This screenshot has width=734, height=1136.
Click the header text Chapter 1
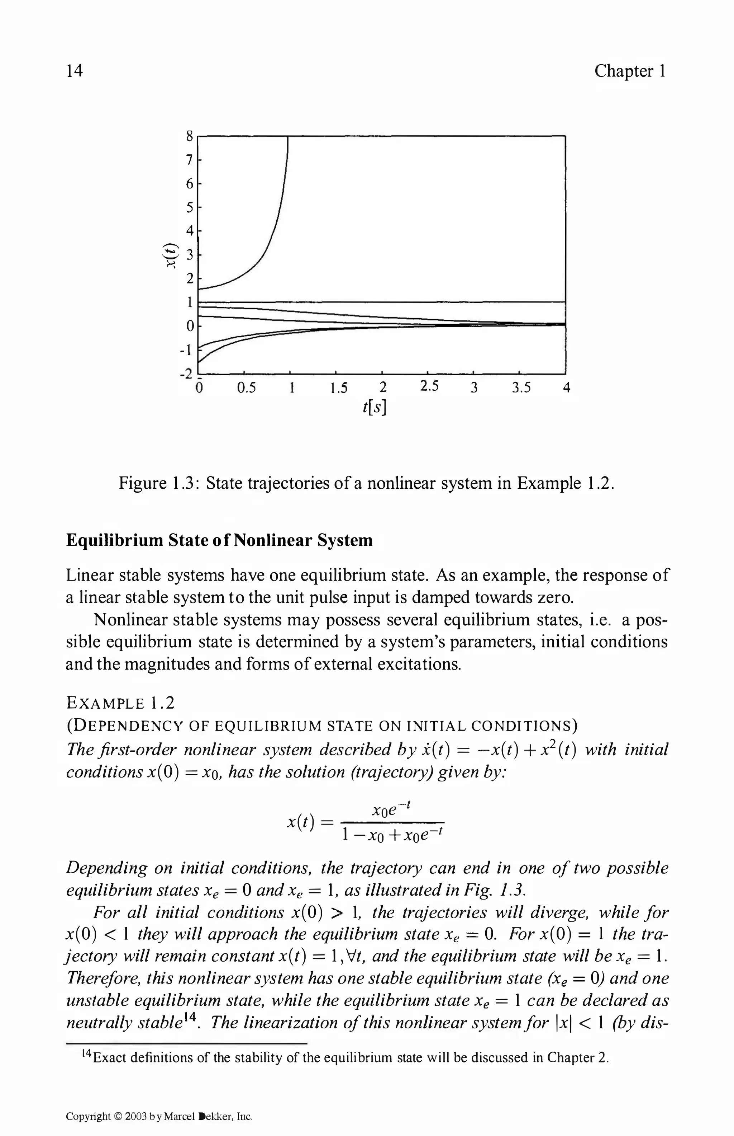coord(630,71)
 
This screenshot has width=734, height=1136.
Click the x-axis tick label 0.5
coord(247,388)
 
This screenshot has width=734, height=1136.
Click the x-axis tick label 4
coord(566,388)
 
